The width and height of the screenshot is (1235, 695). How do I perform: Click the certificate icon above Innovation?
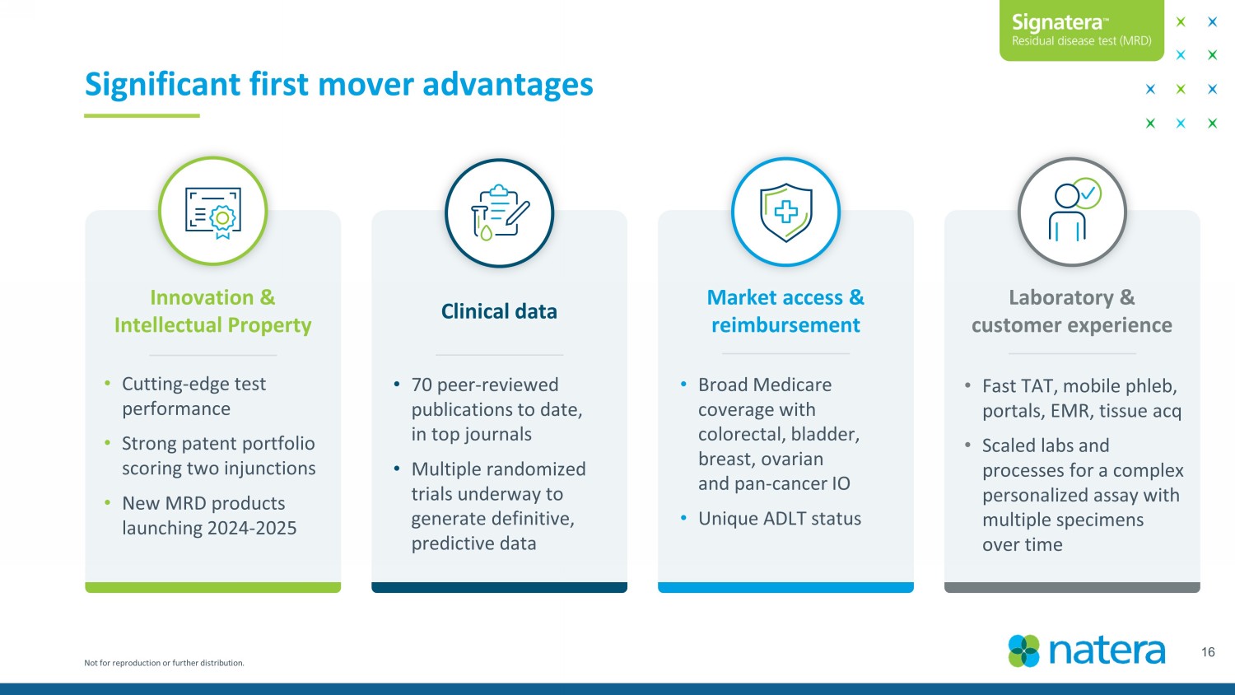click(x=213, y=212)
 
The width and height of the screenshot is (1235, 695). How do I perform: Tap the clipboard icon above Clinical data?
click(x=499, y=212)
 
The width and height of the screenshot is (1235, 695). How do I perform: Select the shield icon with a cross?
click(x=785, y=212)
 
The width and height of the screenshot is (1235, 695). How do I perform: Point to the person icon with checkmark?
click(x=1072, y=212)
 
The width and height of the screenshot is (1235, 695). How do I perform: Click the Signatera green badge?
click(x=1081, y=30)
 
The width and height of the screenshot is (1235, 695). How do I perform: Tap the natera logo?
click(x=1087, y=651)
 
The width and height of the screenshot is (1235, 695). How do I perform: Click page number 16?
click(x=1208, y=652)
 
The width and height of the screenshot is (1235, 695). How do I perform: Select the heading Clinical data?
click(x=499, y=311)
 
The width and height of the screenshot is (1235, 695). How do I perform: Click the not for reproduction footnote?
click(x=164, y=663)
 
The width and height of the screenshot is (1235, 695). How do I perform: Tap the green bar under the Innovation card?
click(x=212, y=587)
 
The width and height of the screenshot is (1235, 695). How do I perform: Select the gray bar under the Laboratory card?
click(x=1072, y=587)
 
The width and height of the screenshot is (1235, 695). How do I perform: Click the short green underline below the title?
click(x=142, y=115)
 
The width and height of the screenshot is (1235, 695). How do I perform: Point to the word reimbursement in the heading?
click(x=785, y=325)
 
